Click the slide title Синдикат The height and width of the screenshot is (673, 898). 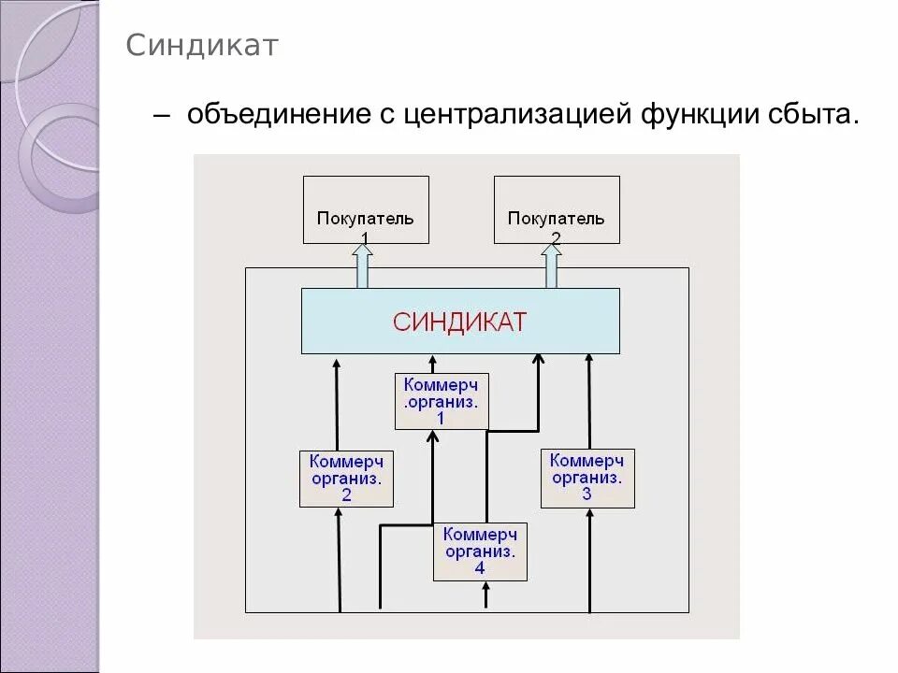[203, 46]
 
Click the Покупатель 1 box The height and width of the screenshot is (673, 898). [366, 209]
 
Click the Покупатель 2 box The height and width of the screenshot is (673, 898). [557, 209]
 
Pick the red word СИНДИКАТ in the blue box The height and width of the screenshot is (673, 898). [460, 322]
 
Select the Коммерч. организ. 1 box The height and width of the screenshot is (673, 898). [442, 401]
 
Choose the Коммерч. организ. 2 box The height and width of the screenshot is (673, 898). [346, 478]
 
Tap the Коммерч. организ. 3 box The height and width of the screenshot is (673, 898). [587, 477]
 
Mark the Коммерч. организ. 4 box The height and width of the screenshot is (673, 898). [480, 551]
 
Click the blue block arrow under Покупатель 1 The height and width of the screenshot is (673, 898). [362, 265]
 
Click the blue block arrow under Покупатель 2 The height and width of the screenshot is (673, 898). [552, 265]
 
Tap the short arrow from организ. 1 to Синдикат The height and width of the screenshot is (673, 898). [431, 364]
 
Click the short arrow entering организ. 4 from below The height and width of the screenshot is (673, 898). [485, 595]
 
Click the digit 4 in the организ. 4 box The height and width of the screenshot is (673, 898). [480, 568]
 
